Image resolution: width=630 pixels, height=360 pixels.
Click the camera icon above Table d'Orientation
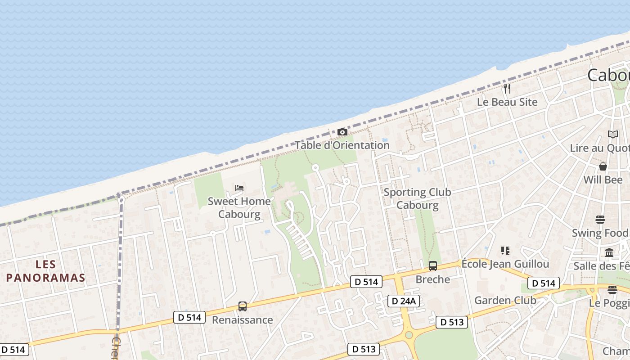[x=342, y=132]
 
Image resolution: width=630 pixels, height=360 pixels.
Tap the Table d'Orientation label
[x=342, y=145]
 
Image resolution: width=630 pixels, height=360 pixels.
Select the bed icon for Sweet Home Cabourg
[x=239, y=188]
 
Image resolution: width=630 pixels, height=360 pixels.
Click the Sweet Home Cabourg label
[x=239, y=207]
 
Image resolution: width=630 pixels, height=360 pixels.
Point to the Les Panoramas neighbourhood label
[x=45, y=271]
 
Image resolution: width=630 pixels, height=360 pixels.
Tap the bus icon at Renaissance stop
[x=243, y=306]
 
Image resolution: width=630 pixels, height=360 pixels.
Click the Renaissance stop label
[x=243, y=320]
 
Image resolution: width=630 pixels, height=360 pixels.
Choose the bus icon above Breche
[x=433, y=266]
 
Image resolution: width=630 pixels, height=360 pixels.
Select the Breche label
[x=433, y=279]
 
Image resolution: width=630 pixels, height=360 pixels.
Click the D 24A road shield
[x=404, y=301]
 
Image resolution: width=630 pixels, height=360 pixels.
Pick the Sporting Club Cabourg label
[x=417, y=198]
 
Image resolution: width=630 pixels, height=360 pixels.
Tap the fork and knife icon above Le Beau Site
[x=507, y=88]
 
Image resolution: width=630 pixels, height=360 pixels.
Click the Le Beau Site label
[x=507, y=102]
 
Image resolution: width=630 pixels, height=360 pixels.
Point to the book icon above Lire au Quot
[x=613, y=134]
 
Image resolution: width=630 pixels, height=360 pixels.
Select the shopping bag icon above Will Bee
[x=603, y=166]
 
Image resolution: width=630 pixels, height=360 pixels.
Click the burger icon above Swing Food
[x=600, y=220]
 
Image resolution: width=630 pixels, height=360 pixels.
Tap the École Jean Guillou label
[x=505, y=264]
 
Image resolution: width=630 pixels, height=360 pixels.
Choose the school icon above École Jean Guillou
[x=505, y=251]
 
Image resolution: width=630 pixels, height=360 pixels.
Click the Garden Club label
[x=505, y=300]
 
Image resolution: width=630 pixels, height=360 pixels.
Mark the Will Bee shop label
[x=603, y=180]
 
